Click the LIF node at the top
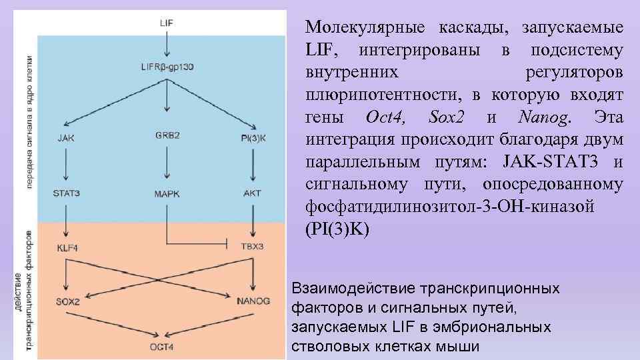click(167, 22)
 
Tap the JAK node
click(67, 138)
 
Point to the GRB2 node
click(167, 135)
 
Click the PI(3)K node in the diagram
click(252, 138)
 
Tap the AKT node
click(252, 193)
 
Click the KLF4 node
click(67, 248)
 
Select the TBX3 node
click(252, 247)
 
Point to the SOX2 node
click(67, 301)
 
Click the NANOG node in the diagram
click(253, 301)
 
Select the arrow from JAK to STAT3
click(66, 165)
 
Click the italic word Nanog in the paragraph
click(544, 118)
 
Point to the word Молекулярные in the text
click(365, 28)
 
